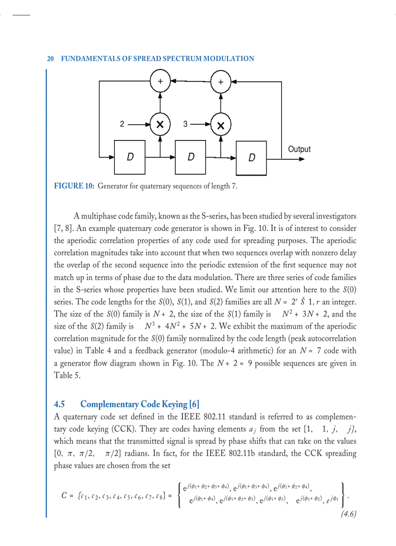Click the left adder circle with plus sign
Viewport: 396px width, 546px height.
pyautogui.click(x=160, y=81)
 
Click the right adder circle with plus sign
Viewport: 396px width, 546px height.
pyautogui.click(x=221, y=82)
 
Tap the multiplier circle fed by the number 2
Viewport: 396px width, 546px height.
pyautogui.click(x=160, y=125)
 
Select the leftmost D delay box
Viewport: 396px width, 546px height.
pyautogui.click(x=130, y=157)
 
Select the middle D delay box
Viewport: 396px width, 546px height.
pyautogui.click(x=191, y=157)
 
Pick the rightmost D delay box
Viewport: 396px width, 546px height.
pyautogui.click(x=251, y=158)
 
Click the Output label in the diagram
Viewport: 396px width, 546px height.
pyautogui.click(x=299, y=149)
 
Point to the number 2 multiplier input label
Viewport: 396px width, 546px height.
pyautogui.click(x=123, y=124)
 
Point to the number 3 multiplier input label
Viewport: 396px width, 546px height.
pyautogui.click(x=185, y=124)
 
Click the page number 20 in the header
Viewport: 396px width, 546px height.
pyautogui.click(x=50, y=58)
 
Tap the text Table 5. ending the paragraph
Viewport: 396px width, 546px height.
pyautogui.click(x=67, y=375)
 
